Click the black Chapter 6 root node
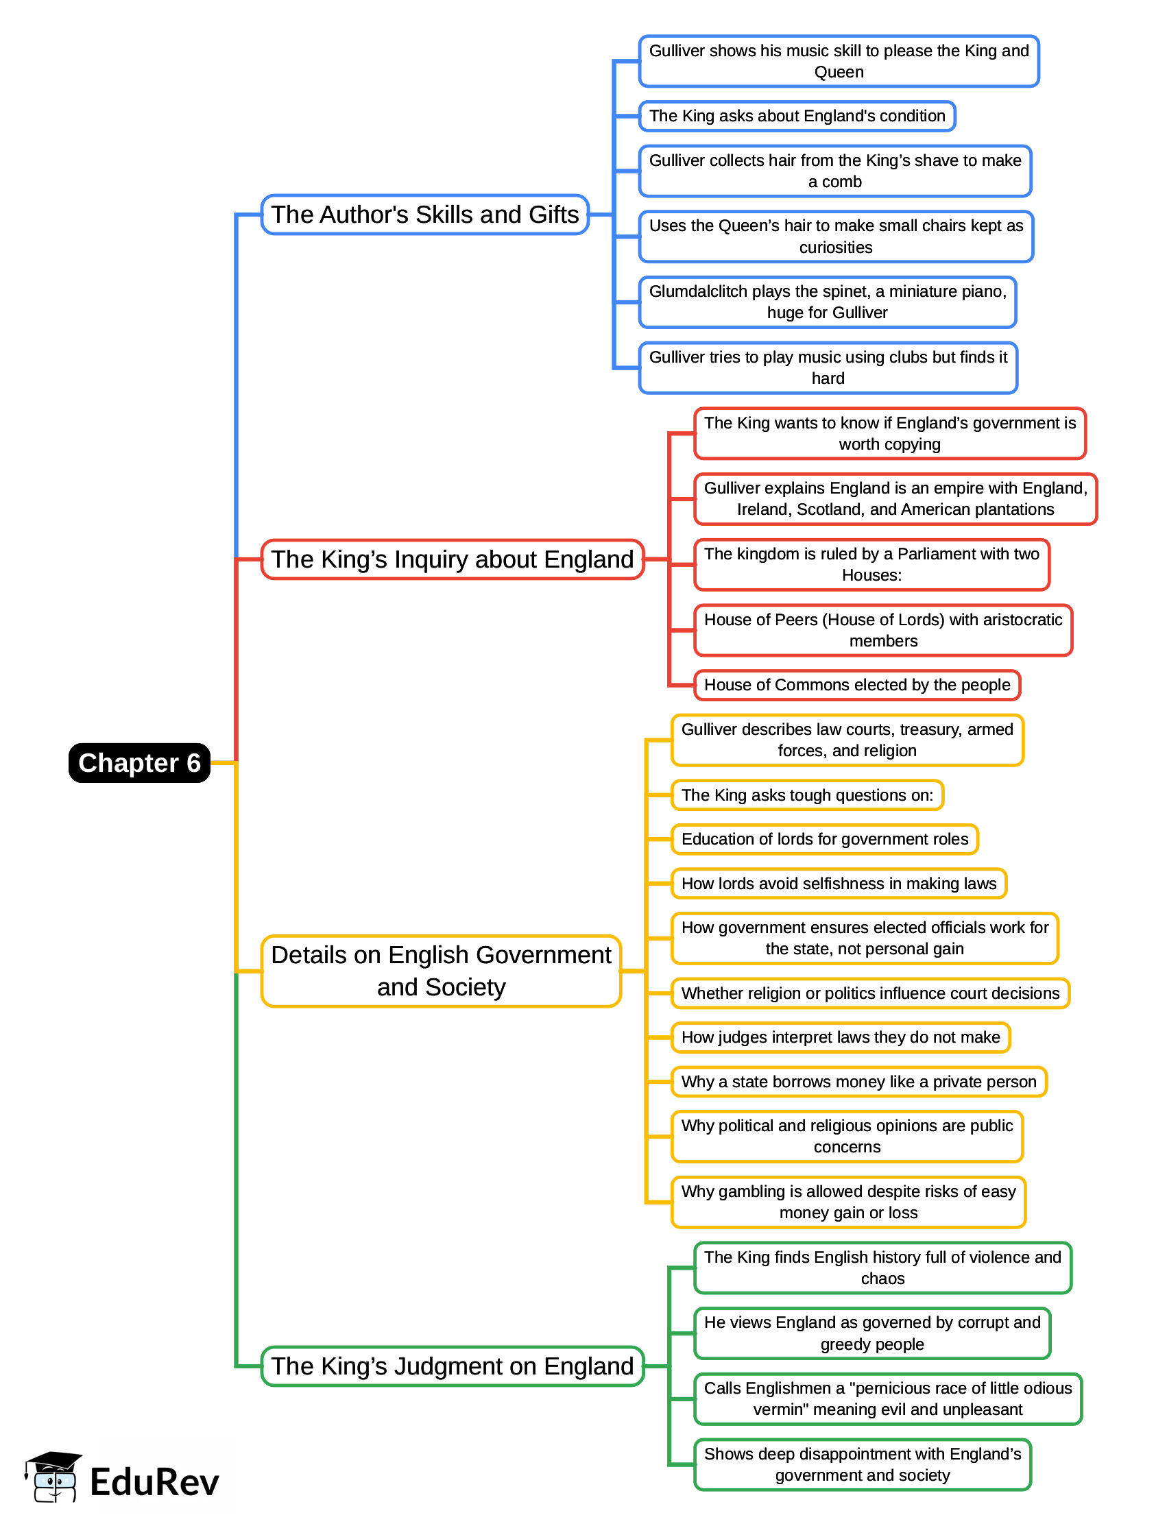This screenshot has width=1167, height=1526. (x=139, y=762)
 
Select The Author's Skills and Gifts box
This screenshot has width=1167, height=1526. (x=424, y=215)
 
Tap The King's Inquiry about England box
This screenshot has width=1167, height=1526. (x=453, y=559)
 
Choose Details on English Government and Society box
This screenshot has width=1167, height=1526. (x=441, y=971)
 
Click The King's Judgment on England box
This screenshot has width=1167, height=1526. (x=453, y=1366)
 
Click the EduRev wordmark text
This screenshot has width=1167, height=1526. (x=154, y=1482)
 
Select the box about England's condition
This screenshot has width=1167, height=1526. (x=797, y=116)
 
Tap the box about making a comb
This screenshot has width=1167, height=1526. (x=835, y=171)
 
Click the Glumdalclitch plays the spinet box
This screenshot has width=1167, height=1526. (x=828, y=302)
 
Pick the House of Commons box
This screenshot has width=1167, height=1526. (x=856, y=685)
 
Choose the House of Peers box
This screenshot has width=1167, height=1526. (x=883, y=630)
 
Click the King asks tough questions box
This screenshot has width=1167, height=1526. (x=807, y=795)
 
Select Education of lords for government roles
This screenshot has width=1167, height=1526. (x=825, y=839)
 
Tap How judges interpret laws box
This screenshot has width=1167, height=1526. (x=841, y=1037)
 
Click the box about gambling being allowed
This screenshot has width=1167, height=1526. (x=848, y=1202)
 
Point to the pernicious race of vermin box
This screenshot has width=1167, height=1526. (x=888, y=1399)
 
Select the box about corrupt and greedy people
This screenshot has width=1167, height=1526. (x=871, y=1333)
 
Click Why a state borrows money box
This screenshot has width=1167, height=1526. (x=858, y=1082)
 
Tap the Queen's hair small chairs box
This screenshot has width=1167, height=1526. (x=836, y=237)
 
